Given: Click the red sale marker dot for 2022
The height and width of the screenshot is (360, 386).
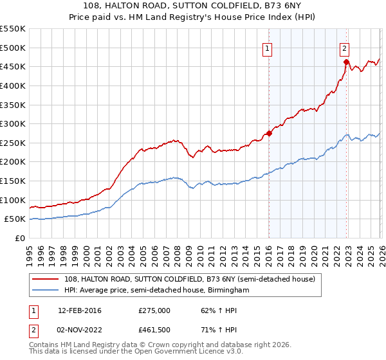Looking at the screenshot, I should tap(346, 62).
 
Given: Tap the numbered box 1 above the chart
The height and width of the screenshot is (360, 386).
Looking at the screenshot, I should tap(267, 48).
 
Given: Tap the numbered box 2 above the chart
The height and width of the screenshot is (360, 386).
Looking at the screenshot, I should tap(345, 48).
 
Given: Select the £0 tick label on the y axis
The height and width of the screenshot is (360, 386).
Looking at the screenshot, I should tap(21, 239).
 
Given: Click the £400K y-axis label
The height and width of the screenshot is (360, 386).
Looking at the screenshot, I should tap(13, 85).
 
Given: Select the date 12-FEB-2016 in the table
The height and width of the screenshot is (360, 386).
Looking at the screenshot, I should tap(79, 310).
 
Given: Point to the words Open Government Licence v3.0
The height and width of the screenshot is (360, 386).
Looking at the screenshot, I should tap(179, 353).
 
